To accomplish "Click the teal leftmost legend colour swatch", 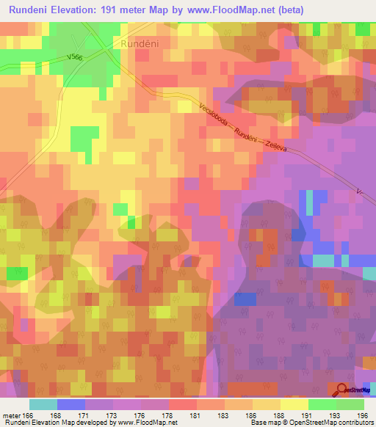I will point(43,404).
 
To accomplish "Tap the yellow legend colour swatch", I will point(294,404).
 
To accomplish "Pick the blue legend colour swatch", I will point(71,404).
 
